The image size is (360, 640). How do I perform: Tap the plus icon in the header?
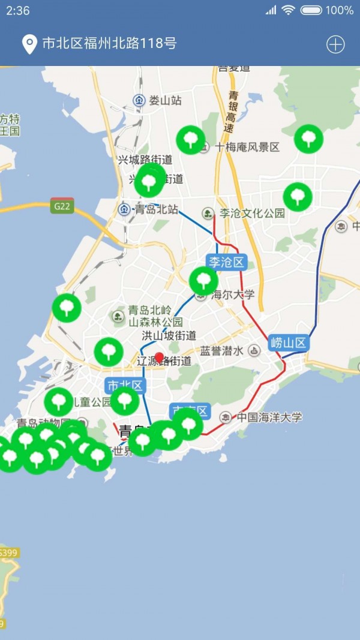click(335, 44)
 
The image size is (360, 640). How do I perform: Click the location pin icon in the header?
click(29, 44)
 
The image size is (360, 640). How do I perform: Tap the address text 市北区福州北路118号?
click(109, 44)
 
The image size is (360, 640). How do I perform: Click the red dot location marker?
click(159, 357)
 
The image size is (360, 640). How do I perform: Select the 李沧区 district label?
click(227, 262)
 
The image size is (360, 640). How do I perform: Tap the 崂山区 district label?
click(289, 343)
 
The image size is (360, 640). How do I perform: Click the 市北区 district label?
click(125, 385)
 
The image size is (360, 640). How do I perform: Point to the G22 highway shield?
click(62, 206)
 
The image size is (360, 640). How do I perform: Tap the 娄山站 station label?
click(164, 100)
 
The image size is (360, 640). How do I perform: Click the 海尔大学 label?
click(233, 294)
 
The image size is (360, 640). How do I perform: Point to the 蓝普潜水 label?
click(222, 351)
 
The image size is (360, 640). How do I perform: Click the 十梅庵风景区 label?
click(247, 147)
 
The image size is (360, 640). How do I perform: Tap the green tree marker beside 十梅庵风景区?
click(190, 140)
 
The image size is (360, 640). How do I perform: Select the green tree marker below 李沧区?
click(203, 281)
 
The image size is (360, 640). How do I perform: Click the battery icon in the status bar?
click(311, 10)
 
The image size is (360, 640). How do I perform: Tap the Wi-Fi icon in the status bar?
click(289, 10)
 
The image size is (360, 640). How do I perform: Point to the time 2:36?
click(18, 10)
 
